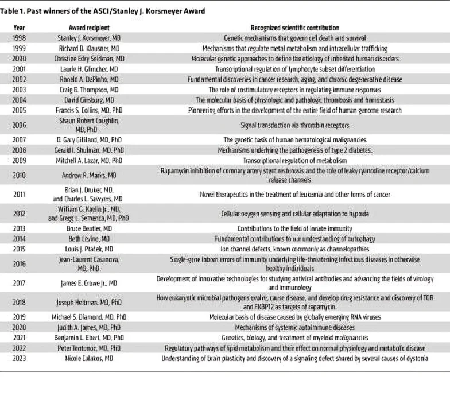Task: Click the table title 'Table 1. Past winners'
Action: coord(104,11)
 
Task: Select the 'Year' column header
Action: coord(18,28)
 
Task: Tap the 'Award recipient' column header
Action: coord(89,28)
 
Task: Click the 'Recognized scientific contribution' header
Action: coord(294,28)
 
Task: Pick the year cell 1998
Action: coord(18,37)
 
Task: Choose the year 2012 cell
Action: coord(18,214)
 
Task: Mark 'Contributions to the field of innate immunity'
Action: coord(294,228)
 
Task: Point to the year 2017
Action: coord(18,282)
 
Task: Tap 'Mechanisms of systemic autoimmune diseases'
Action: coord(294,327)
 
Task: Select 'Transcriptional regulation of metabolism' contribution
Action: coord(294,160)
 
